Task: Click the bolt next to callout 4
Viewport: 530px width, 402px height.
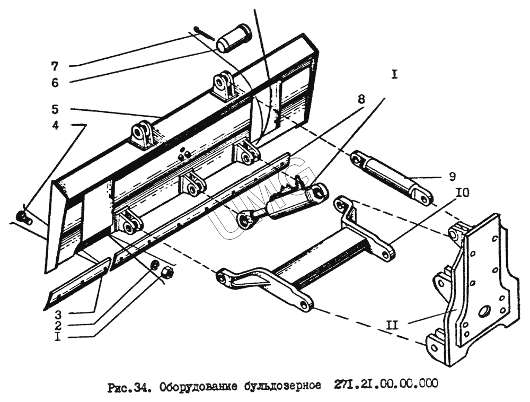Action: (x=22, y=216)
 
